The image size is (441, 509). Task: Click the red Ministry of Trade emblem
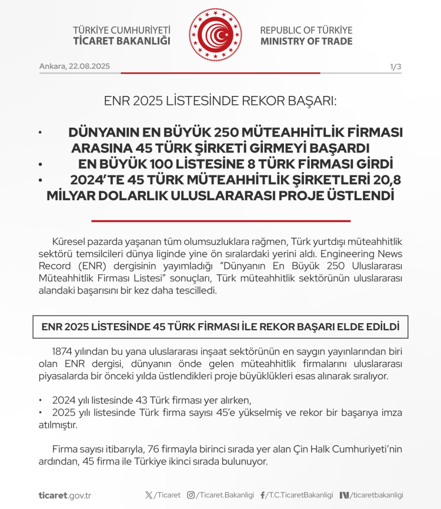(215, 35)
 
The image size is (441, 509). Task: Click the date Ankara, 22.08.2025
(75, 66)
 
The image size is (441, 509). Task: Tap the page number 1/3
(395, 67)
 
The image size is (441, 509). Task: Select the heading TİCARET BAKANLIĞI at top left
(121, 41)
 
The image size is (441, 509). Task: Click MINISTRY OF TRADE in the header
(306, 41)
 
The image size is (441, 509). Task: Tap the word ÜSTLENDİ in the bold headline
(356, 195)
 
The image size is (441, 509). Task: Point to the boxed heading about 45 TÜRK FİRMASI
(220, 326)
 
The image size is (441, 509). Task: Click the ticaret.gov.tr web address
(65, 495)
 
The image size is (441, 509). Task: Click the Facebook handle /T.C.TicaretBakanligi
(300, 495)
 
